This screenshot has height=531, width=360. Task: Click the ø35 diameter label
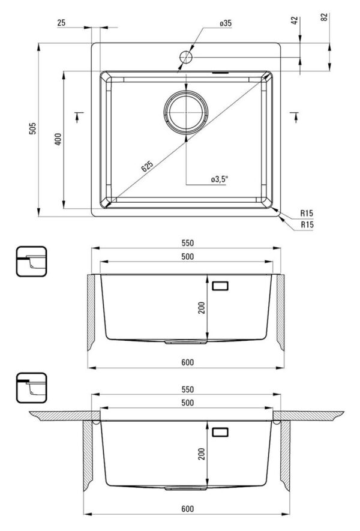click(x=225, y=23)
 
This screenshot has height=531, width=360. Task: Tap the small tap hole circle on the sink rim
click(x=185, y=57)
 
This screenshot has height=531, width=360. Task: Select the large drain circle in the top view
click(x=186, y=112)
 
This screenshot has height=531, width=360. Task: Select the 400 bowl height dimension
click(x=58, y=139)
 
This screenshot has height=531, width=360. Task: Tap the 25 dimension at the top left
click(x=61, y=23)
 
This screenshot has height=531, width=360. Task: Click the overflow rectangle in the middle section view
click(x=220, y=286)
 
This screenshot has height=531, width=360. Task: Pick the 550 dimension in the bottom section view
click(x=187, y=389)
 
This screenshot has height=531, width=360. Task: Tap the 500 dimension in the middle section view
click(x=187, y=256)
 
